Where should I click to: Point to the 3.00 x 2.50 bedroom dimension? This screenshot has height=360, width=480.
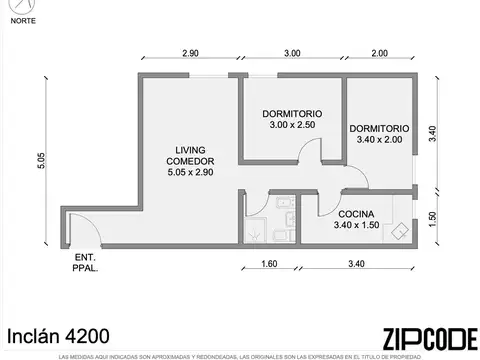[x=291, y=126]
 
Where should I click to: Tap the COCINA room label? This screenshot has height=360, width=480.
[x=356, y=214]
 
